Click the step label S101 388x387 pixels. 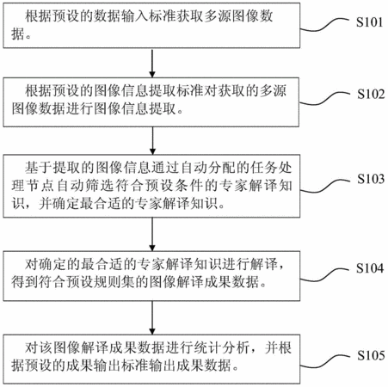click(369, 22)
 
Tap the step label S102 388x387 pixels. click(371, 94)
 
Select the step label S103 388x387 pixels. click(371, 179)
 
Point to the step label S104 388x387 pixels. click(370, 268)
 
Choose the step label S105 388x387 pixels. click(371, 355)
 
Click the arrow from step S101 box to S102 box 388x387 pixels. click(152, 63)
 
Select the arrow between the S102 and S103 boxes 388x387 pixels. click(152, 141)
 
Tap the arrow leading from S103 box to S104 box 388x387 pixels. click(152, 234)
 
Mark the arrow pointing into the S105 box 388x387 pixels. click(152, 317)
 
